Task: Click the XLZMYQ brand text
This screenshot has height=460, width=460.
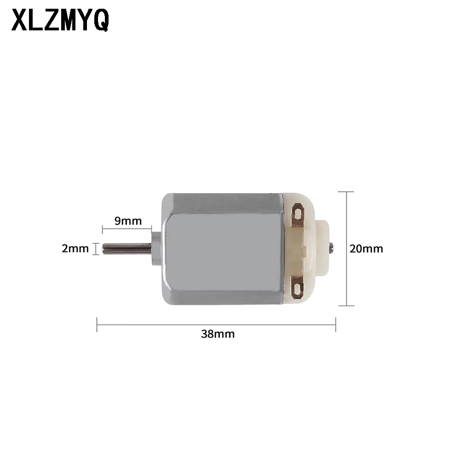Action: point(60,20)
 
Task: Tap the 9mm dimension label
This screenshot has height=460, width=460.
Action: point(128,221)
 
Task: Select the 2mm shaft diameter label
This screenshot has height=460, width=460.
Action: point(75,248)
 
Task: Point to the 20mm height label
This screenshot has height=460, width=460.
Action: point(366,249)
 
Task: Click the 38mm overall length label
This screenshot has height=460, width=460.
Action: point(218,334)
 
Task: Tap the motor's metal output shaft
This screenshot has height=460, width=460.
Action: point(127,249)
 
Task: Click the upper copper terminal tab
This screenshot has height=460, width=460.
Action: point(298,215)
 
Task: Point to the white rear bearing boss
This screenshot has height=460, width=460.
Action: point(322,248)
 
